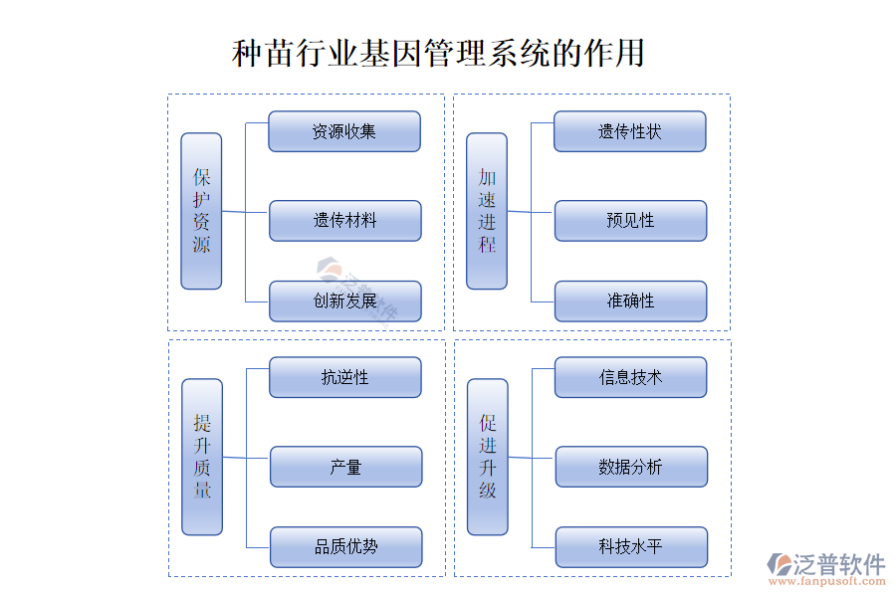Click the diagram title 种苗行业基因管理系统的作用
click(x=438, y=53)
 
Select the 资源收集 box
click(x=344, y=131)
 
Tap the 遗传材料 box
click(x=345, y=221)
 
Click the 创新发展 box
click(x=345, y=300)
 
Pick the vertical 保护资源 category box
click(x=201, y=211)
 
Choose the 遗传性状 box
click(x=630, y=131)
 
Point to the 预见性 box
click(x=630, y=221)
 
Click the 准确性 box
click(x=630, y=300)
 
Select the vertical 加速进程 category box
click(x=487, y=211)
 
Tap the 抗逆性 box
click(x=345, y=378)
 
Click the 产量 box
click(x=345, y=467)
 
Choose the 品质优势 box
click(x=345, y=547)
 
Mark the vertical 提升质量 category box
click(x=202, y=457)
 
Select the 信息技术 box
click(x=631, y=378)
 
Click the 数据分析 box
click(x=631, y=467)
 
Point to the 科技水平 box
click(x=631, y=547)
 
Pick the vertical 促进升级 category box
click(x=488, y=457)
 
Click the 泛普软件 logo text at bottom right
click(x=838, y=564)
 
